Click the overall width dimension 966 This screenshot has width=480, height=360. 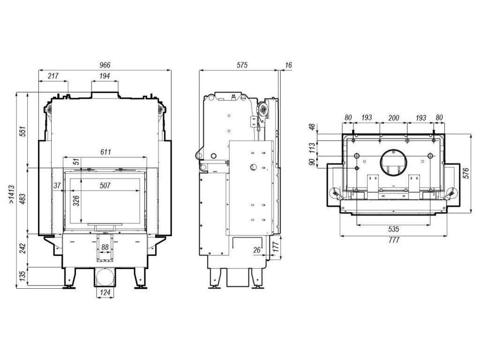105,65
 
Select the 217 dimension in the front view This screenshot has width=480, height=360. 53,75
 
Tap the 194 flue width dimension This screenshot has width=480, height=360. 105,75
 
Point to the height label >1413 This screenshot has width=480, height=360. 11,194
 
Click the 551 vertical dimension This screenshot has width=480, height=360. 23,131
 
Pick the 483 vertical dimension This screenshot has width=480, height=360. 23,199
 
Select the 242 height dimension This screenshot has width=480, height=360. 23,248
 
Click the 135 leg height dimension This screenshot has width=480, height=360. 23,277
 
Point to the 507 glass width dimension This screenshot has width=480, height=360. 105,185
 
